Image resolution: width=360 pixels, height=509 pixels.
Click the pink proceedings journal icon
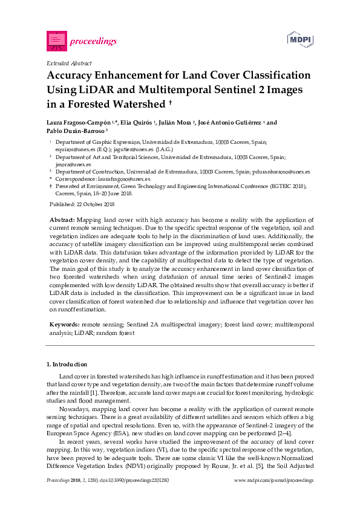point(56,41)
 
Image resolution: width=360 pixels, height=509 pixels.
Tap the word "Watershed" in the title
point(138,104)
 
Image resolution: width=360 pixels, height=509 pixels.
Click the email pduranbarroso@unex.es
point(282,172)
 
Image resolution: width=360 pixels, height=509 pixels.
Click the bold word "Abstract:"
point(62,219)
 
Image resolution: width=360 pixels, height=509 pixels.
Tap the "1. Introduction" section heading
point(67,365)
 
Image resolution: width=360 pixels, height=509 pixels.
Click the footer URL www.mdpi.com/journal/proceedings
point(273,480)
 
